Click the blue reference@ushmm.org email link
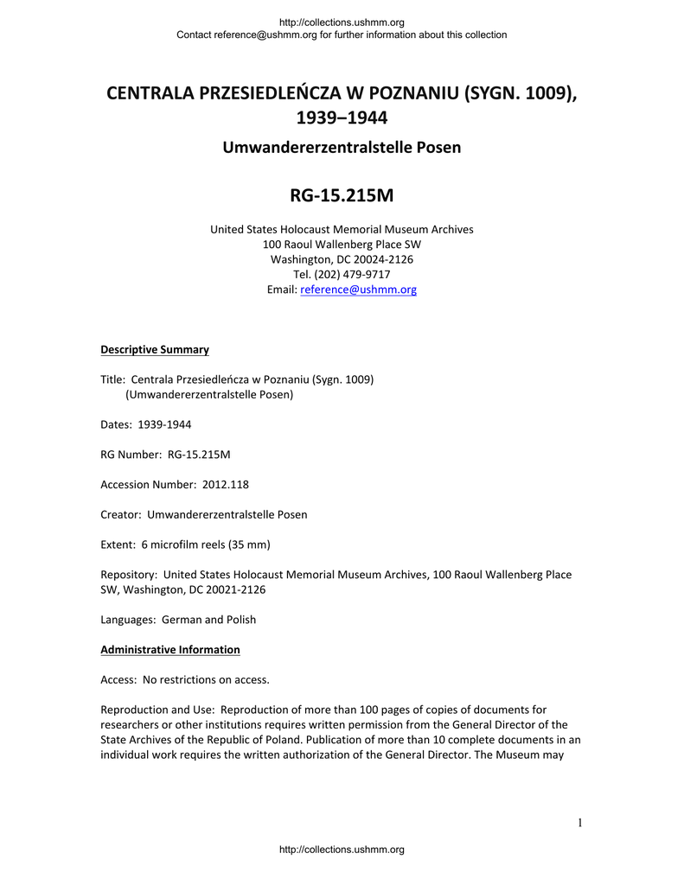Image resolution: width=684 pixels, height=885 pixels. pos(358,290)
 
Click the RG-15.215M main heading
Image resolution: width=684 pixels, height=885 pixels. pos(342,196)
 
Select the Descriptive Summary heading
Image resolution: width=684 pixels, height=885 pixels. pos(155,350)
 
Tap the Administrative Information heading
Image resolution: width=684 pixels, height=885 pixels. pos(170,650)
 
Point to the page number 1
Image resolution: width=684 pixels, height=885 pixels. pos(580,823)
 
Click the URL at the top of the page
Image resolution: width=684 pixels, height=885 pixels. pos(342,22)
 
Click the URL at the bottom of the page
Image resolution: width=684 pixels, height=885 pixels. pos(342,850)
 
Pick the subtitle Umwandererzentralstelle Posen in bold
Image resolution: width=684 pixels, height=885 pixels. pos(342,148)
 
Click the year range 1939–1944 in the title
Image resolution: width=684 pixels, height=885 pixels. pos(342,117)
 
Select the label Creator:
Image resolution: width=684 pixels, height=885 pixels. pos(121,515)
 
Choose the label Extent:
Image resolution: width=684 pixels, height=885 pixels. pos(118,544)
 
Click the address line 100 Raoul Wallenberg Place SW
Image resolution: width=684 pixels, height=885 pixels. pos(342,245)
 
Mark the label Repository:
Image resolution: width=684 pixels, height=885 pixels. pos(130,575)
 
